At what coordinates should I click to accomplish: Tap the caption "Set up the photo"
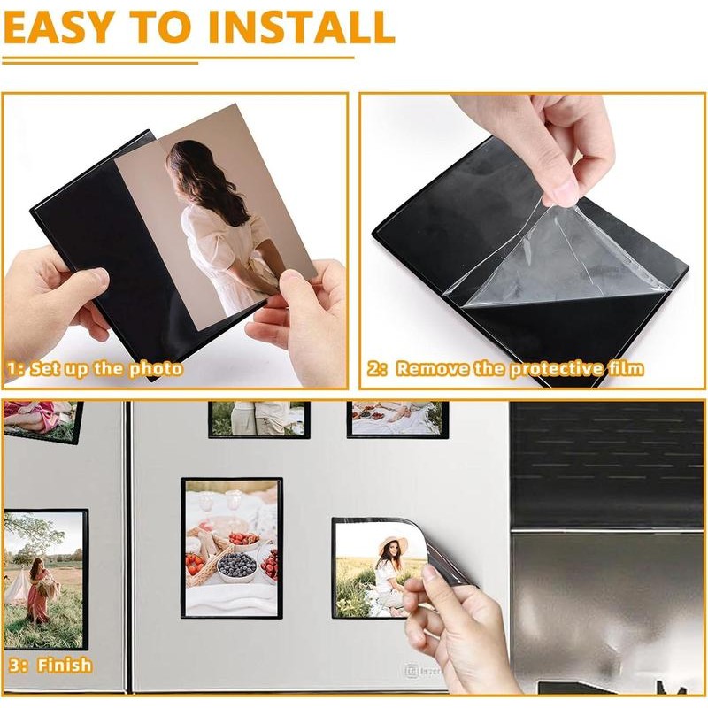tap(107, 369)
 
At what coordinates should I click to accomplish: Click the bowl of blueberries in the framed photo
tap(236, 564)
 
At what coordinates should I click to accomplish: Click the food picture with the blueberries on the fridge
tap(231, 548)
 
